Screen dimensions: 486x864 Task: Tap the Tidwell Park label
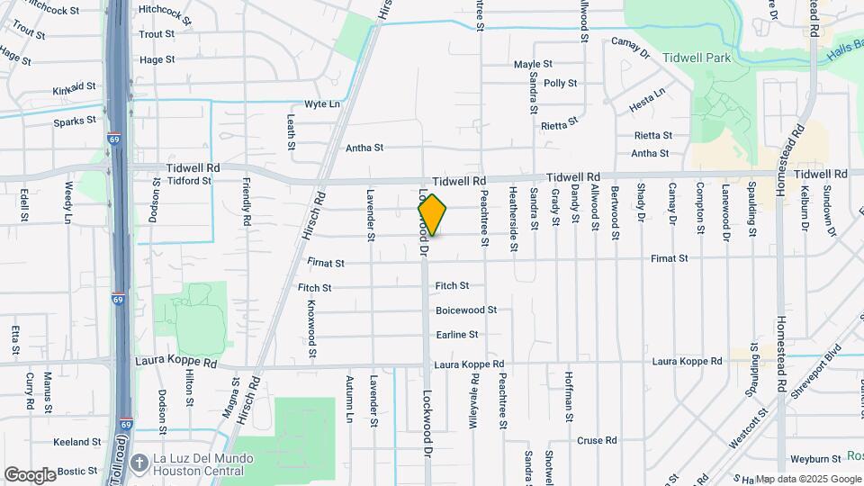point(692,57)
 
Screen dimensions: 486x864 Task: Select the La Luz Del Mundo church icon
point(139,463)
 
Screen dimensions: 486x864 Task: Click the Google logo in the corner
point(30,474)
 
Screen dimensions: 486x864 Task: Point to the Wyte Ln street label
point(322,103)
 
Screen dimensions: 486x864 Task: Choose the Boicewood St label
point(466,310)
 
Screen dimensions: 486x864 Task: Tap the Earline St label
point(457,335)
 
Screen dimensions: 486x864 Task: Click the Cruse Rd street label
point(597,441)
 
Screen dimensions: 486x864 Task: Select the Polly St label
point(560,83)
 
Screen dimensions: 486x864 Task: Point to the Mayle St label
point(533,65)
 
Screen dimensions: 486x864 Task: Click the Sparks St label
point(75,121)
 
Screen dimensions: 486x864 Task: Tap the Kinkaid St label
point(74,87)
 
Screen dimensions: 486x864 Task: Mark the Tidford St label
point(189,180)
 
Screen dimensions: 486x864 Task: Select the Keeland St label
point(76,442)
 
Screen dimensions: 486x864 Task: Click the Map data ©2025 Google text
point(807,479)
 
